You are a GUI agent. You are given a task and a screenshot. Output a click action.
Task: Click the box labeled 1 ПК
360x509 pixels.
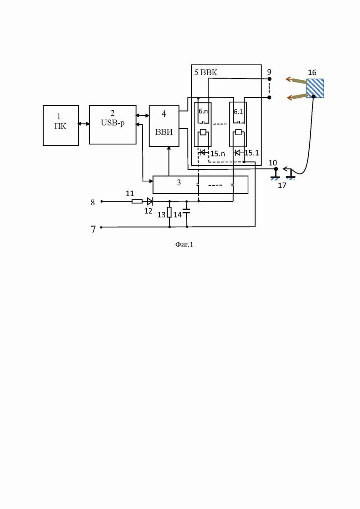pos(61,126)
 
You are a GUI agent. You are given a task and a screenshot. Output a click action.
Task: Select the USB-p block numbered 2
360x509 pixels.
pos(113,125)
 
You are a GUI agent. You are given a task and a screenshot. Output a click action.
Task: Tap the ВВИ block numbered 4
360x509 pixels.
pos(164,126)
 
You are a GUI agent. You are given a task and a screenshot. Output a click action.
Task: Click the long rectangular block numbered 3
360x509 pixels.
pos(200,185)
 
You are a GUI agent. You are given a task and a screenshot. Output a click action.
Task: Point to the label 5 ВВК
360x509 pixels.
pos(205,72)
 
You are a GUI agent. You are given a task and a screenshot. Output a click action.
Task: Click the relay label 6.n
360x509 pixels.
pos(203,111)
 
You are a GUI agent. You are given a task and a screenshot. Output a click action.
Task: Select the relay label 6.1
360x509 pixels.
pos(238,111)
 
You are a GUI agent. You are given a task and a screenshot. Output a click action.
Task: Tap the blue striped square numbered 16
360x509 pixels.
pos(315,88)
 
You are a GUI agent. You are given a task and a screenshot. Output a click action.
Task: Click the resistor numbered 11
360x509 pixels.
pos(137,201)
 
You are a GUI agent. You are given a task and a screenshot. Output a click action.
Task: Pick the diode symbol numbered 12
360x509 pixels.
pos(150,201)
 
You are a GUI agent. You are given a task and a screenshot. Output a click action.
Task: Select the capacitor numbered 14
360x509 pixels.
pos(186,212)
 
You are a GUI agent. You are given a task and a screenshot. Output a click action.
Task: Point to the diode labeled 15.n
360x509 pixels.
pos(203,152)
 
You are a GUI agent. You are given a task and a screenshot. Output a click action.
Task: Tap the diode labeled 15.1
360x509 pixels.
pos(238,152)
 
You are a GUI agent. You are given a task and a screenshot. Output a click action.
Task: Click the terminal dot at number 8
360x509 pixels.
pos(102,201)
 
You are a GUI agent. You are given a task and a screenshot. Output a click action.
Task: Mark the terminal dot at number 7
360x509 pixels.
pos(101,227)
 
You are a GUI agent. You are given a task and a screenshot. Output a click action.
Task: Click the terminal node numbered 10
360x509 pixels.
pos(276,169)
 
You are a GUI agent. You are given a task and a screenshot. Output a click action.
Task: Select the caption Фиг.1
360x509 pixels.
pos(184,245)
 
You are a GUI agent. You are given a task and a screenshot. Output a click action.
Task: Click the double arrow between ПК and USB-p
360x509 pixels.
pos(84,124)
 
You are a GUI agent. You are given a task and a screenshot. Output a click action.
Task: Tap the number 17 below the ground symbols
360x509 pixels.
pos(282,186)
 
